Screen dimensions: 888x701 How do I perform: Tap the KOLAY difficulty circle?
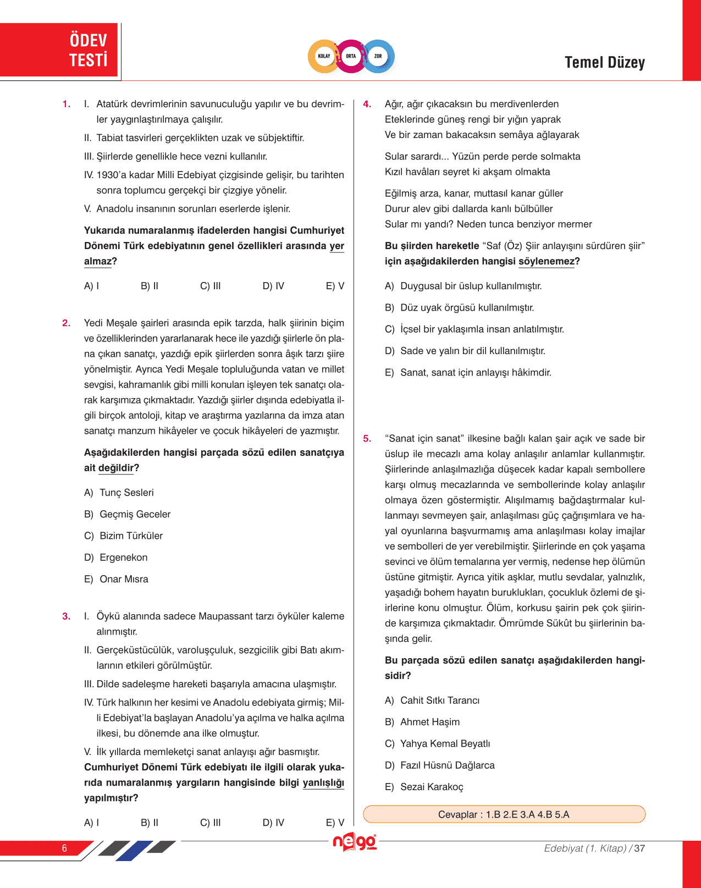click(x=324, y=56)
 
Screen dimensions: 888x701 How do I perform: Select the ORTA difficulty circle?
click(x=351, y=56)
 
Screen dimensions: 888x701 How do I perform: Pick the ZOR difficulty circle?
click(x=378, y=56)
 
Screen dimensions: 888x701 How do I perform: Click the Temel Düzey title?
click(x=604, y=63)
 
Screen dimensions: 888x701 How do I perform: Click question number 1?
click(x=67, y=104)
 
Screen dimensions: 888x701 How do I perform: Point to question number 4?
click(x=367, y=104)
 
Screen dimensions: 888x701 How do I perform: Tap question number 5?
click(x=367, y=439)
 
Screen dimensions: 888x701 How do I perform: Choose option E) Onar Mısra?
click(x=117, y=579)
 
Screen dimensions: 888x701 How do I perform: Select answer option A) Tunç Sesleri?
click(x=119, y=493)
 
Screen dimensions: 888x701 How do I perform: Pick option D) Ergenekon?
click(x=116, y=558)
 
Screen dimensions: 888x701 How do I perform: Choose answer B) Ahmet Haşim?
click(x=422, y=722)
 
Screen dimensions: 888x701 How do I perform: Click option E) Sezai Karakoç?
click(x=424, y=787)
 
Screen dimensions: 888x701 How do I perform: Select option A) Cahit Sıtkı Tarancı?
click(x=432, y=701)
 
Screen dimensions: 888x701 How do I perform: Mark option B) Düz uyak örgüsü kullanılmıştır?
click(x=460, y=307)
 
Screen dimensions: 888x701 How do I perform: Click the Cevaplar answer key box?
click(x=504, y=814)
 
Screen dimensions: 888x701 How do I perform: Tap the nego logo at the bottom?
click(x=355, y=841)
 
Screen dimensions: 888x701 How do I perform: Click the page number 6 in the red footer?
click(x=64, y=848)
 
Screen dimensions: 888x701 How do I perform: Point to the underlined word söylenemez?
click(x=546, y=262)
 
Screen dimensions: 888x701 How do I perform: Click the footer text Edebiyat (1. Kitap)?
click(x=585, y=848)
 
